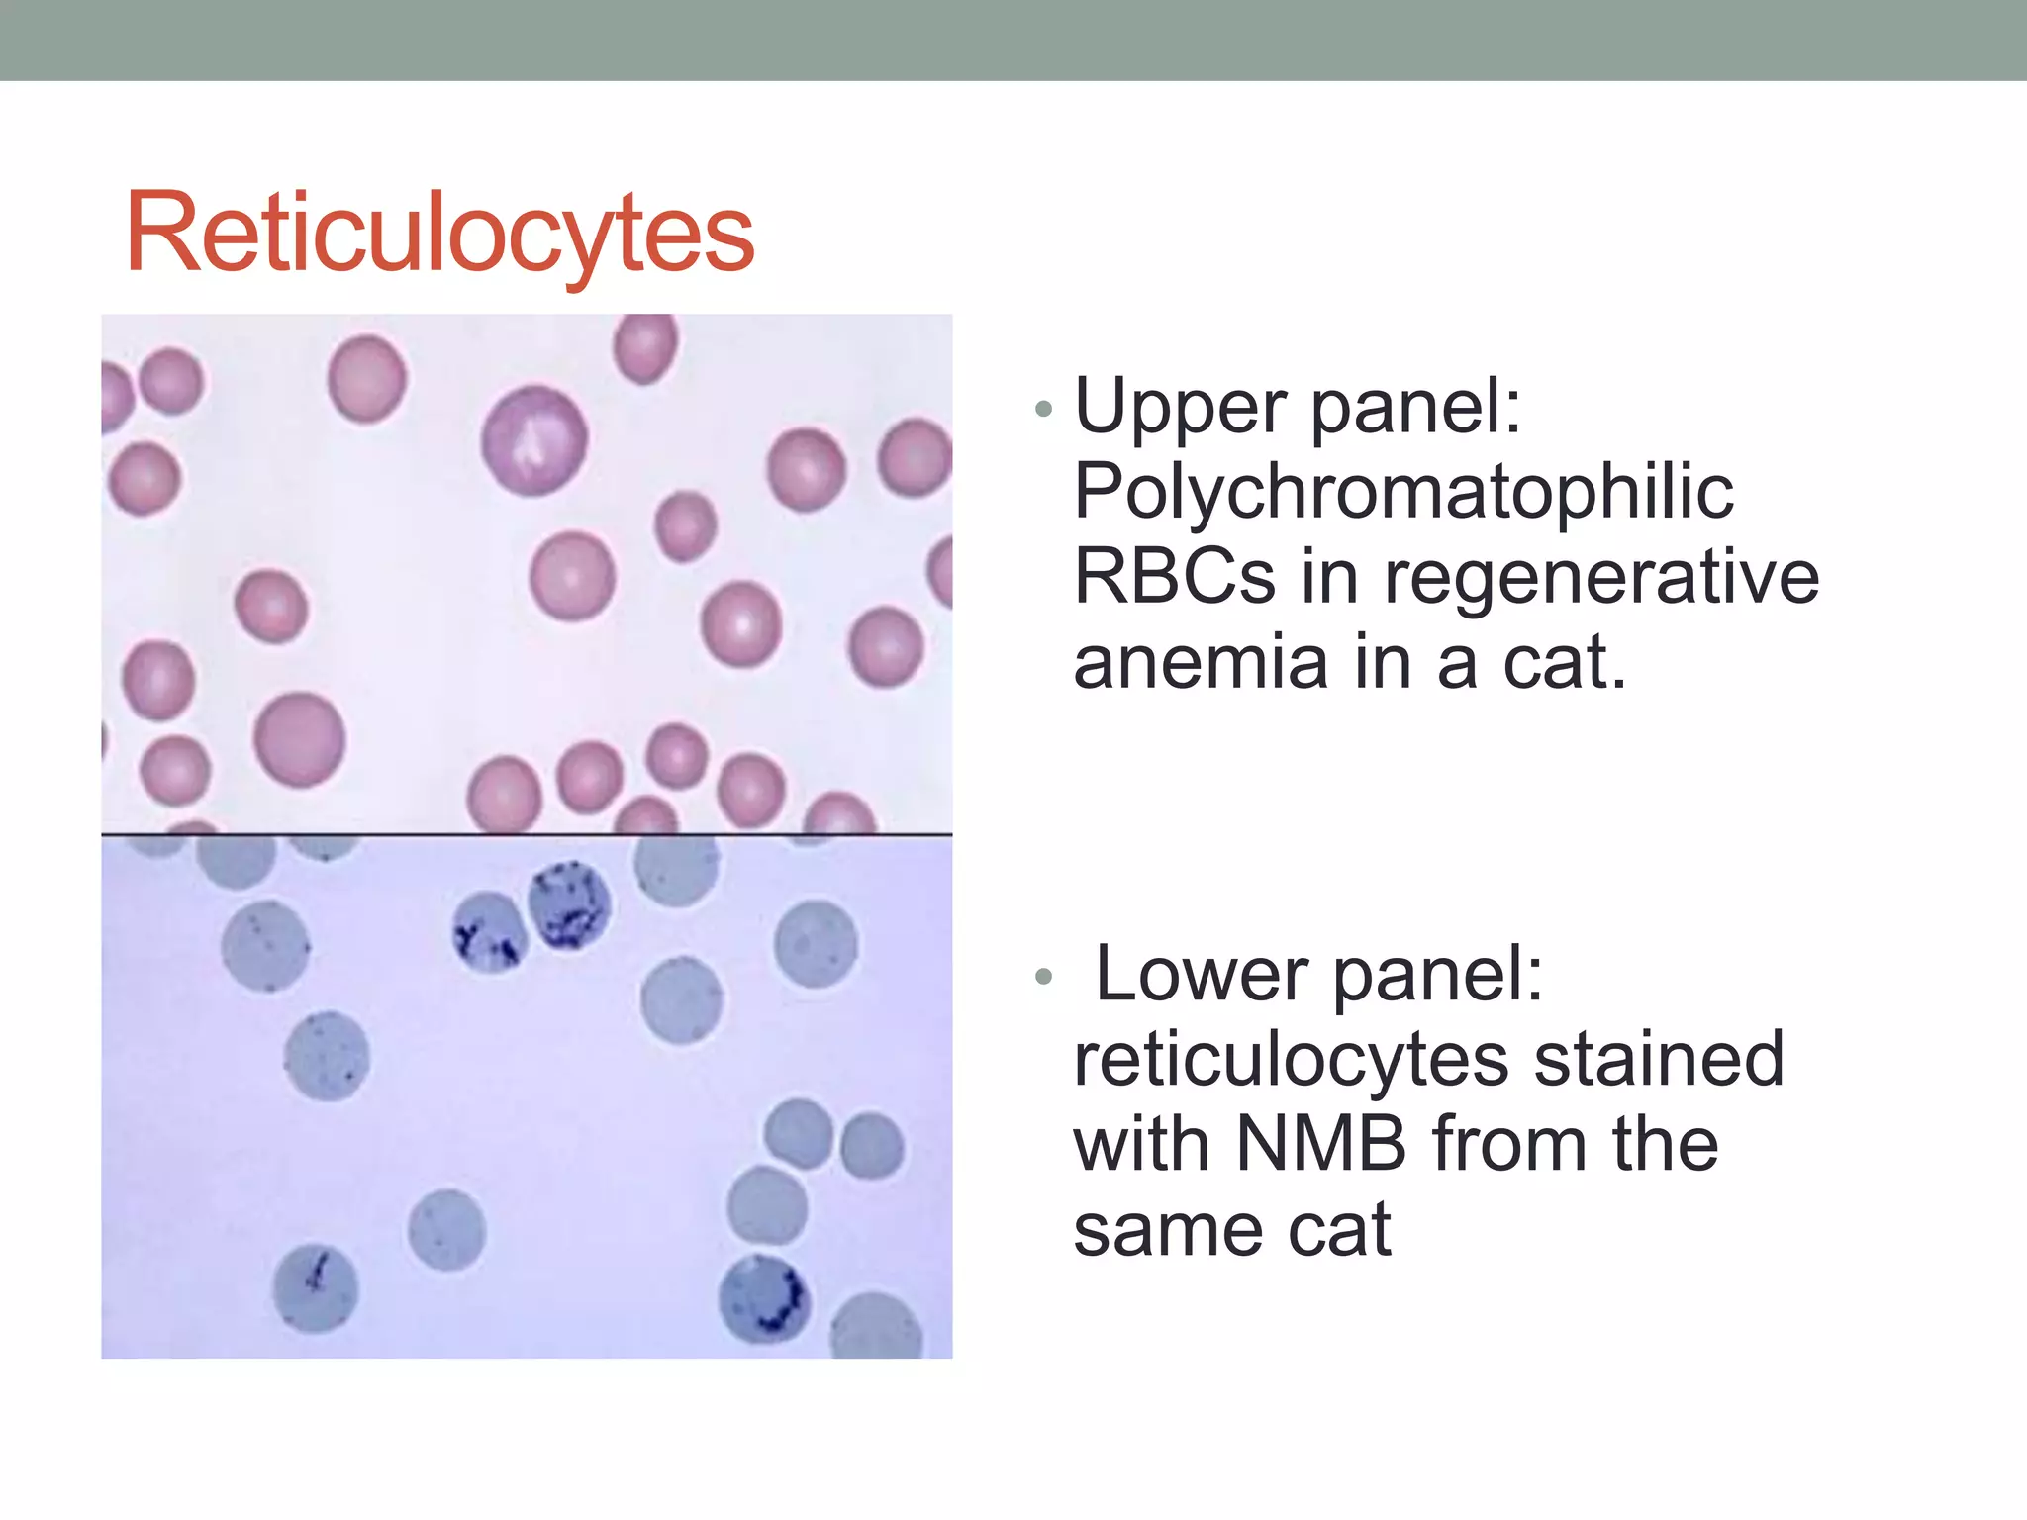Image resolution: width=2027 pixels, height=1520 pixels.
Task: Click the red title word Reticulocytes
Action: coord(439,234)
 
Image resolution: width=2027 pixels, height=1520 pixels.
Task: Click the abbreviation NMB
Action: coord(1320,1144)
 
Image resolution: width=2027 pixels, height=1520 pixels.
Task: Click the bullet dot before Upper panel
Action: coord(1042,408)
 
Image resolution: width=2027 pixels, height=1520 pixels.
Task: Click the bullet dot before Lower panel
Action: coord(1042,977)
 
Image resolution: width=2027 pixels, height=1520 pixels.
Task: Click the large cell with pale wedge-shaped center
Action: coord(534,440)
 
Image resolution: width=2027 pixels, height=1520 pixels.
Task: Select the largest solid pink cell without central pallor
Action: coord(299,739)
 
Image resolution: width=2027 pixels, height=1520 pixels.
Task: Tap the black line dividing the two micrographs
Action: coord(527,835)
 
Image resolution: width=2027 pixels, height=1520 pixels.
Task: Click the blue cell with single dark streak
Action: coord(315,1286)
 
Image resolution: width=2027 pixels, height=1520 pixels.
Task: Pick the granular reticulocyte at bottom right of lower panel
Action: coord(764,1298)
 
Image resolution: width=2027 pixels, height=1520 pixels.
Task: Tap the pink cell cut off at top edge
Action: coord(645,344)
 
